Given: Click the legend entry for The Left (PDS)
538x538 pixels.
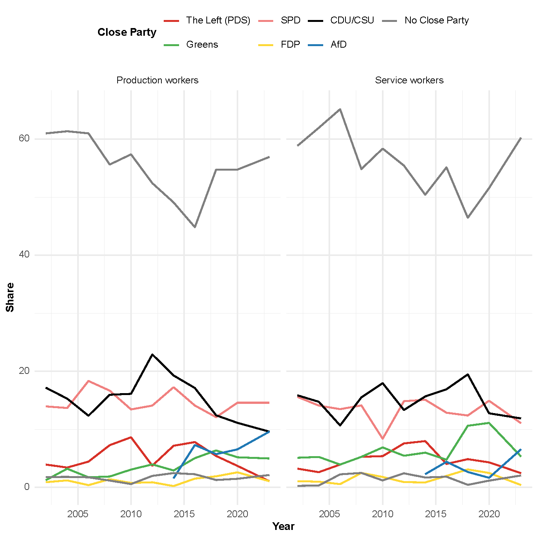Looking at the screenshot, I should pyautogui.click(x=218, y=20).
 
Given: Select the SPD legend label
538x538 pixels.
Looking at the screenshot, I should pyautogui.click(x=290, y=20).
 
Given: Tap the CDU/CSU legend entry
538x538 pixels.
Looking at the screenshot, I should pyautogui.click(x=352, y=20).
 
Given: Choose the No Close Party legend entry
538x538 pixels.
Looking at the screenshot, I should pyautogui.click(x=437, y=20).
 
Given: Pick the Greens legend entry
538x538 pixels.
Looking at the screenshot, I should pyautogui.click(x=202, y=45).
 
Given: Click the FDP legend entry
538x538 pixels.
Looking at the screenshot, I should pyautogui.click(x=290, y=45).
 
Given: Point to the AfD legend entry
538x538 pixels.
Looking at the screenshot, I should pyautogui.click(x=338, y=45).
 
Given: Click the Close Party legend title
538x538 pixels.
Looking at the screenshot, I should pyautogui.click(x=127, y=32).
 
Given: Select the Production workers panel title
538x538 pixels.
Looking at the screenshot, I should pyautogui.click(x=158, y=80).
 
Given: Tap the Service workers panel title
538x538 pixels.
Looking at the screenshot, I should pyautogui.click(x=409, y=80).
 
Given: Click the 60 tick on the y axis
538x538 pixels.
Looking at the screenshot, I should pyautogui.click(x=24, y=138).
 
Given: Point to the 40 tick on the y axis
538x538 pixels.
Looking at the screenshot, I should pyautogui.click(x=24, y=254).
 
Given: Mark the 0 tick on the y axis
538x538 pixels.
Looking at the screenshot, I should pyautogui.click(x=27, y=487).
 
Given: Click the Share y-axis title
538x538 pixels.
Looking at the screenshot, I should pyautogui.click(x=10, y=297).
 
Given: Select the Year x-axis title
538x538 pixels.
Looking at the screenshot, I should pyautogui.click(x=283, y=526).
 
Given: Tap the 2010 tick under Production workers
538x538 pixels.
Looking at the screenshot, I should pyautogui.click(x=131, y=514).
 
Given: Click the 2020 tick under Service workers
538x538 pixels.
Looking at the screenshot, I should pyautogui.click(x=489, y=514).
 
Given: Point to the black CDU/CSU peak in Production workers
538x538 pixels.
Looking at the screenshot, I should pyautogui.click(x=153, y=354).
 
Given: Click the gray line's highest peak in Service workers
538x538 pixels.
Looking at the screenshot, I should pyautogui.click(x=340, y=109).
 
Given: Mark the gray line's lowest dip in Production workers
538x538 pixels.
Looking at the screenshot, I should pyautogui.click(x=195, y=227).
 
